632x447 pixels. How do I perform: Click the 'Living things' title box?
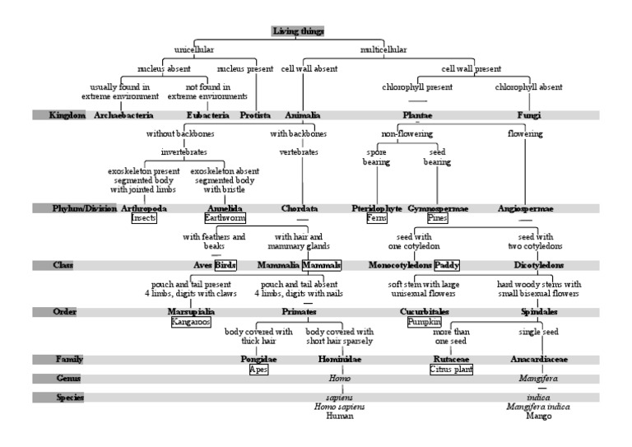pos(298,31)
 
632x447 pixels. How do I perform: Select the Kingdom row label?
pos(67,115)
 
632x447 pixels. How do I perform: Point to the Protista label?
pos(255,115)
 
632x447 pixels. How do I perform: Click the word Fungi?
pos(528,115)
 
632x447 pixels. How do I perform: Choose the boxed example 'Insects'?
pos(143,218)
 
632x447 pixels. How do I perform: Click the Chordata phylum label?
pos(299,208)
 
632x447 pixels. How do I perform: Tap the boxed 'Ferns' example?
pos(377,218)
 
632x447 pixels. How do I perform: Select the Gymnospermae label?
pos(437,208)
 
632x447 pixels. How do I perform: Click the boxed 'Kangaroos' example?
pos(190,322)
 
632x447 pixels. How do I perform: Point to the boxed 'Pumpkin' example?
pos(425,322)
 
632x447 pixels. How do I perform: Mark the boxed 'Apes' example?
pos(258,370)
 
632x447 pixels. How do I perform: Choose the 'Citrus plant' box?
pos(451,370)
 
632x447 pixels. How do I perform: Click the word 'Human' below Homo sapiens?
pos(339,417)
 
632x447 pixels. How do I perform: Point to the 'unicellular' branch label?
pos(194,49)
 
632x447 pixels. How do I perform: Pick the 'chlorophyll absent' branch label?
pos(528,86)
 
